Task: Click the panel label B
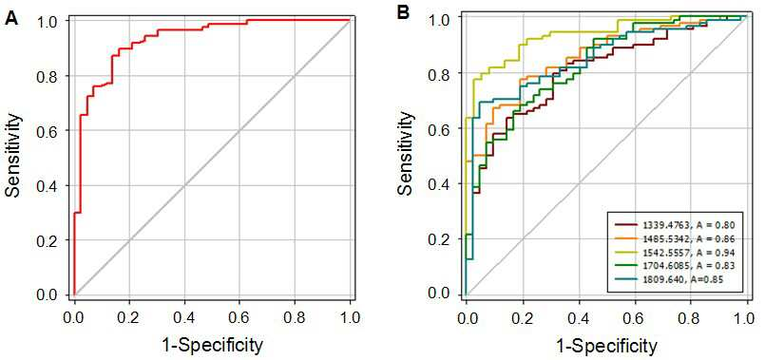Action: click(405, 12)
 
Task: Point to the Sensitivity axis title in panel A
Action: click(13, 156)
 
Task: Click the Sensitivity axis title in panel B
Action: click(405, 153)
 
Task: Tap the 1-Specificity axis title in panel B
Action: click(604, 347)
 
